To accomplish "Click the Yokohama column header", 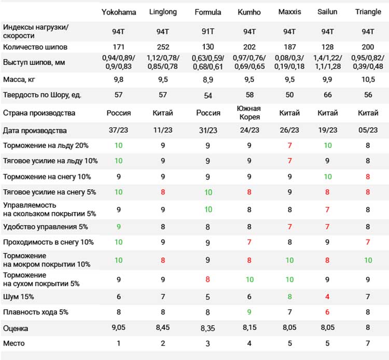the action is [x=119, y=12].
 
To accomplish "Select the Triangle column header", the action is [x=368, y=12].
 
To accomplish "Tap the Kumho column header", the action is [x=249, y=12].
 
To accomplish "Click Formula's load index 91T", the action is [x=208, y=32].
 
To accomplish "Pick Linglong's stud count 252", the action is [x=163, y=47].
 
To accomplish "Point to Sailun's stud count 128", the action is [x=327, y=47].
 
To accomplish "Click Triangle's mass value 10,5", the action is [x=368, y=80].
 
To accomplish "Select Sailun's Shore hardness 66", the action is [x=327, y=95].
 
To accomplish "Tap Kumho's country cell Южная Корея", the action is [x=249, y=113].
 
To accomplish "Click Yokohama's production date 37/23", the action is [x=118, y=130].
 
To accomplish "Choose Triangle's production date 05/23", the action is [x=368, y=130].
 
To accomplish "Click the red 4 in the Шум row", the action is [x=327, y=297].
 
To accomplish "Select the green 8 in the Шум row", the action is [x=289, y=297].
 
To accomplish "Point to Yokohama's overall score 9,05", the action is [x=118, y=328].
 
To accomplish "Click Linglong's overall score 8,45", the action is [x=163, y=328].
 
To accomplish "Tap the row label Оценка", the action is [x=16, y=328].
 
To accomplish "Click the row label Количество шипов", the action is [x=35, y=47].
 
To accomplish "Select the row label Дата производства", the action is [x=35, y=131].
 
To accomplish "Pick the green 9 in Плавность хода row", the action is [x=249, y=312].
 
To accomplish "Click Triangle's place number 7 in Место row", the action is [x=368, y=343].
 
